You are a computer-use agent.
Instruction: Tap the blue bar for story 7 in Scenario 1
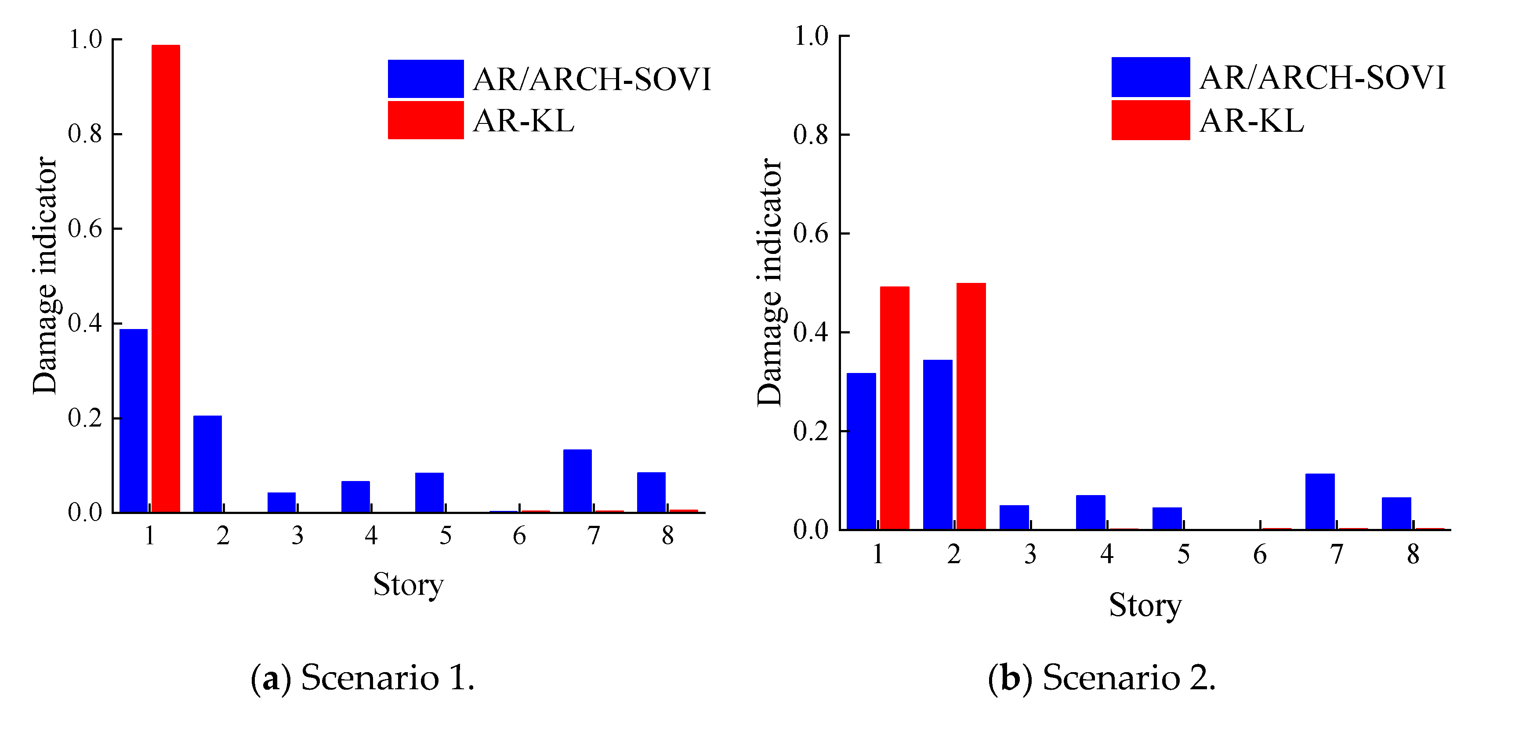[x=577, y=481]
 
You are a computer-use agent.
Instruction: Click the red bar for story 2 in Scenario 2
[x=971, y=406]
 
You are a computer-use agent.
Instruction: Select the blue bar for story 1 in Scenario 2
[x=862, y=451]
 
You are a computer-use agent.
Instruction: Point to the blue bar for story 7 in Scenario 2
[x=1320, y=502]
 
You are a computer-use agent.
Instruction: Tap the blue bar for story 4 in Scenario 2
[x=1091, y=512]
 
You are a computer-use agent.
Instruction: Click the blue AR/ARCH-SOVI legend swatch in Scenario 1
[x=426, y=79]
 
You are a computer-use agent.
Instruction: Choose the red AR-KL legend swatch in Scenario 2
[x=1150, y=120]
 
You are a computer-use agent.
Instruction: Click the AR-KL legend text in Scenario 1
[x=523, y=121]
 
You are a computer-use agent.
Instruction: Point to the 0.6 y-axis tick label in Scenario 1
[x=85, y=229]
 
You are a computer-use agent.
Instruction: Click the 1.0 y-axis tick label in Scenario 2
[x=812, y=36]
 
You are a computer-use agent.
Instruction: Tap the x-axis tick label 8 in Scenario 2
[x=1413, y=554]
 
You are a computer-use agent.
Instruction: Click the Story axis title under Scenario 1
[x=408, y=585]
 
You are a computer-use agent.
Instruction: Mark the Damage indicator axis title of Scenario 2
[x=770, y=282]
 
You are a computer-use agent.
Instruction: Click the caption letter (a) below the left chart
[x=271, y=678]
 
